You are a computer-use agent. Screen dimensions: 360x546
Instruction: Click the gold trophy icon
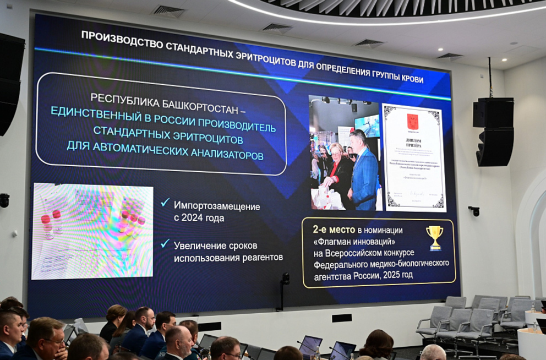(x=434, y=237)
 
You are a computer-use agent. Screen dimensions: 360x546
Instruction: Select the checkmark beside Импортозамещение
(x=165, y=203)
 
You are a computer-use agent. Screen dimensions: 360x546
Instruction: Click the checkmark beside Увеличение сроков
(x=165, y=243)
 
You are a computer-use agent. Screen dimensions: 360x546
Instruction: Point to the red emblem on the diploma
(x=412, y=122)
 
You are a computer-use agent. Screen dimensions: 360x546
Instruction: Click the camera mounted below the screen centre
(x=285, y=279)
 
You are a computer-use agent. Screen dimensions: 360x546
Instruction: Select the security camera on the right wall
(x=474, y=211)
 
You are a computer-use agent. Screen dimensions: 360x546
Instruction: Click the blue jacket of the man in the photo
(x=364, y=179)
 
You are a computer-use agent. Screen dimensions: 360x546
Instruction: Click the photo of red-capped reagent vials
(x=92, y=231)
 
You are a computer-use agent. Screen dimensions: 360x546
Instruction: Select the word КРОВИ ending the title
(x=412, y=79)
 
